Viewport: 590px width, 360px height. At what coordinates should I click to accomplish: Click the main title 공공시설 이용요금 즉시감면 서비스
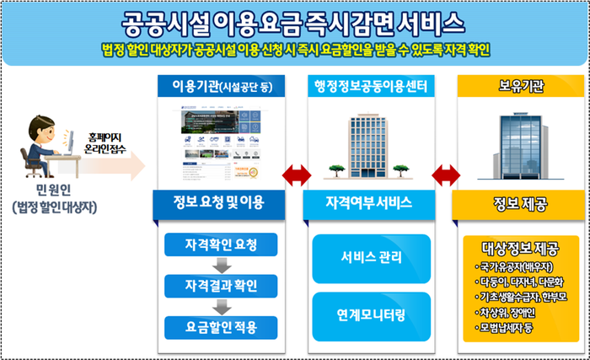coord(294,19)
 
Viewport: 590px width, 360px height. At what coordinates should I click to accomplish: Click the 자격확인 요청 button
coord(220,245)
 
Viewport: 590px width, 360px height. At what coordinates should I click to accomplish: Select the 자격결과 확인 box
coord(220,285)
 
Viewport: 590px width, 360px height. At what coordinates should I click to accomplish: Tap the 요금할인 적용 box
coord(220,325)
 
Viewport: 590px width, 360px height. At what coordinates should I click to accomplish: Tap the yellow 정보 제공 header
coord(521,203)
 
